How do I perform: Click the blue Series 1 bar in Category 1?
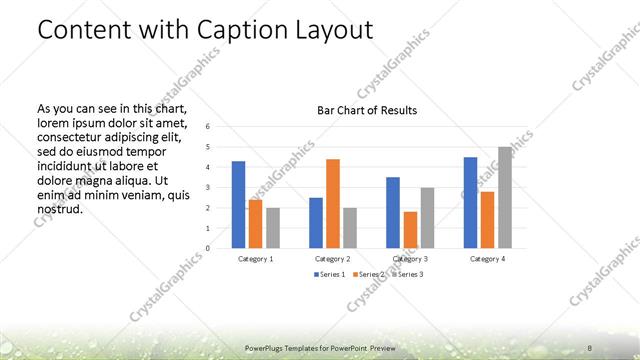[238, 204]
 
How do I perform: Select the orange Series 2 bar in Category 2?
[333, 203]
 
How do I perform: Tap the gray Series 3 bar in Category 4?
[505, 197]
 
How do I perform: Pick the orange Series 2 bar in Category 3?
[410, 229]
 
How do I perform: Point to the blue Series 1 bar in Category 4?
[470, 202]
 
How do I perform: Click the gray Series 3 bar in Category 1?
[273, 227]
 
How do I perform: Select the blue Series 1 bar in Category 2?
[316, 222]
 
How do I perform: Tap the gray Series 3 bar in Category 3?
[427, 217]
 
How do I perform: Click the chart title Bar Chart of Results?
[367, 110]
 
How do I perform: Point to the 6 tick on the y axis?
[207, 127]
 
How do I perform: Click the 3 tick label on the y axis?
[207, 187]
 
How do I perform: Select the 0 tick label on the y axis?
[207, 248]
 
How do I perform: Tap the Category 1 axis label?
[256, 259]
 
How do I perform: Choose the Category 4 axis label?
[487, 259]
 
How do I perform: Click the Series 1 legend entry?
[329, 274]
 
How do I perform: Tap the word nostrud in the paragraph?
[59, 209]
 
